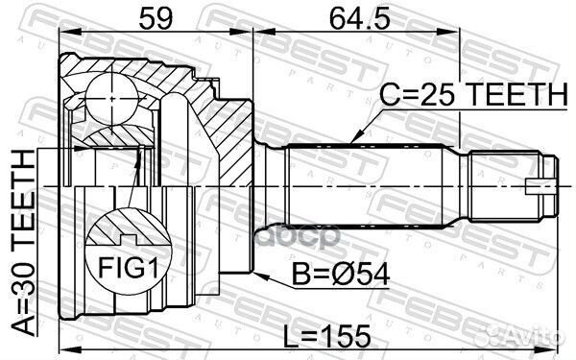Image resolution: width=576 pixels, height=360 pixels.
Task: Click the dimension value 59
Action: (x=151, y=17)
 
